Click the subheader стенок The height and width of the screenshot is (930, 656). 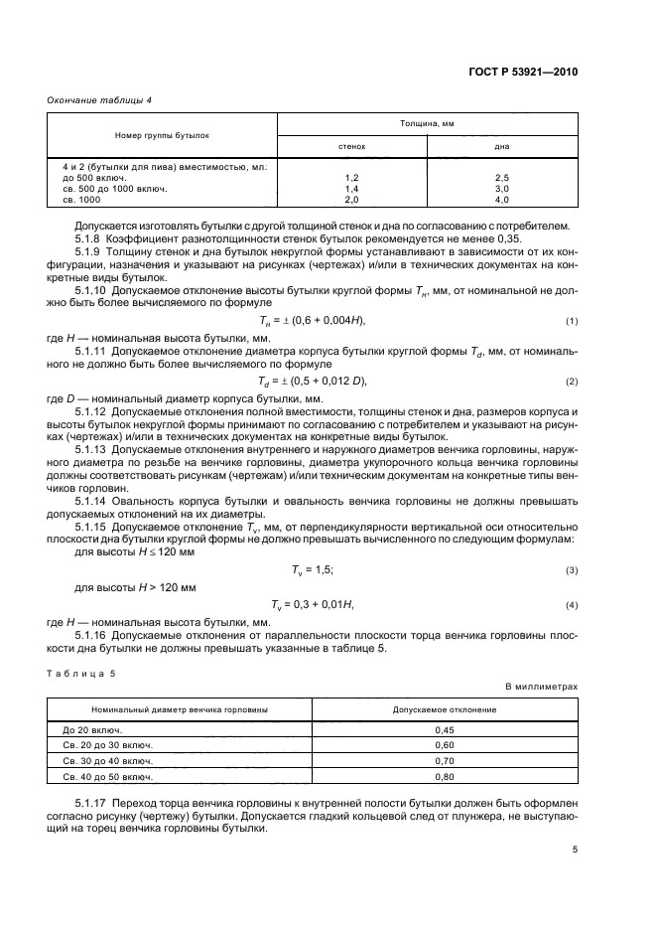[x=350, y=145]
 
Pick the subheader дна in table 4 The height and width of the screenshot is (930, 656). [x=501, y=145]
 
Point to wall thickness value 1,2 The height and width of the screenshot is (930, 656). [x=350, y=177]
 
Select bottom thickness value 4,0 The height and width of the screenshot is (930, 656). [x=501, y=199]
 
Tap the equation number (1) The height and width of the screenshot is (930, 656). [x=572, y=320]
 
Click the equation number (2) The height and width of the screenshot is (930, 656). [x=572, y=382]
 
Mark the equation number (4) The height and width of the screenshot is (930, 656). [x=572, y=604]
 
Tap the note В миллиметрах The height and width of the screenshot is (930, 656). [x=541, y=687]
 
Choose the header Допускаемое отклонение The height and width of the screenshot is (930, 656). [x=445, y=709]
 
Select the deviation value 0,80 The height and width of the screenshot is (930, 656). [x=445, y=776]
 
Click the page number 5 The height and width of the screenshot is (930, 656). [x=575, y=850]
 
